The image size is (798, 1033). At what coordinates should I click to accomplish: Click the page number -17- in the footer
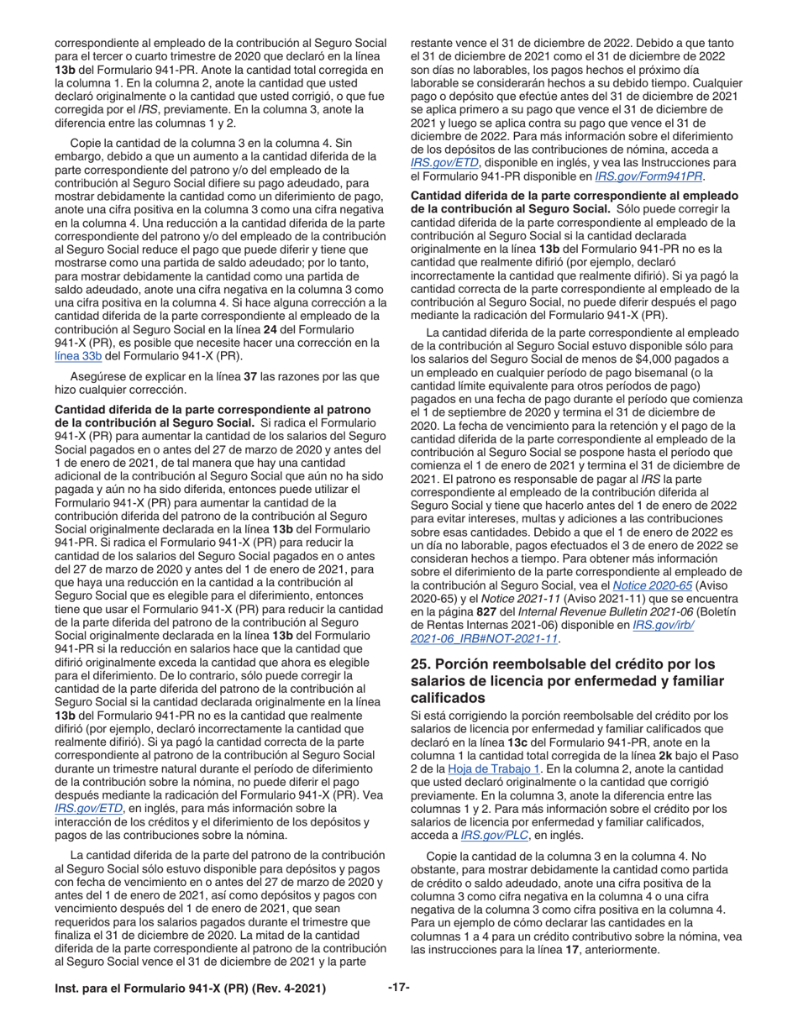click(x=398, y=987)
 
